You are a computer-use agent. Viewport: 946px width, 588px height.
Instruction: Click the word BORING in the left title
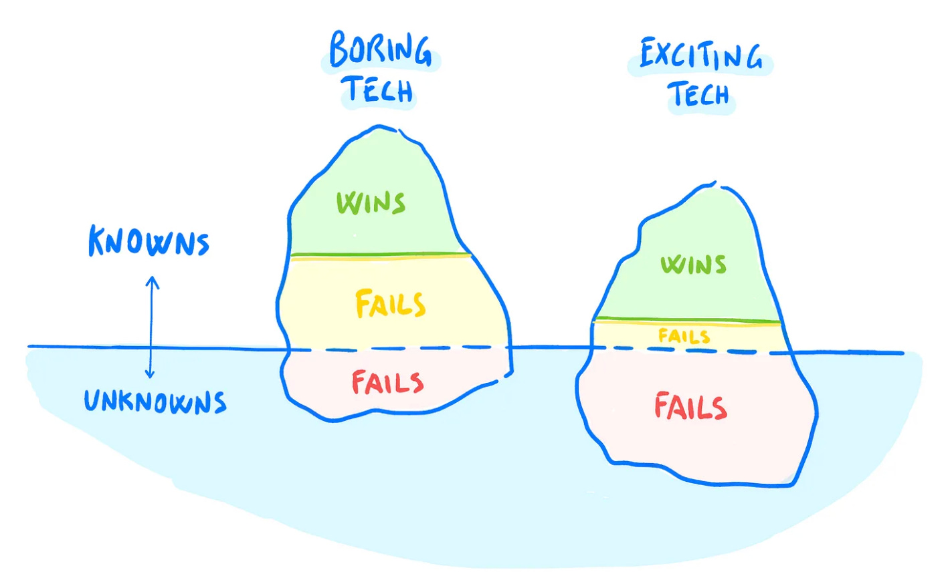pos(380,49)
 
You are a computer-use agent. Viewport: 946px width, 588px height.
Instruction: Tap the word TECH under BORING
pos(378,90)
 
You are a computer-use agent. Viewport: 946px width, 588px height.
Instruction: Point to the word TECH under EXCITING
pos(699,94)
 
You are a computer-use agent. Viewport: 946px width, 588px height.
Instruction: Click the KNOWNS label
pos(149,242)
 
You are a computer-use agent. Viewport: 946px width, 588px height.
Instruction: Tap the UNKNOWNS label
pos(155,401)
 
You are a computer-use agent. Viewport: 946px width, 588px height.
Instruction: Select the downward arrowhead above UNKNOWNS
pos(151,374)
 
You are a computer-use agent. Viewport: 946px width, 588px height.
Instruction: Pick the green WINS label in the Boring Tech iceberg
pos(371,202)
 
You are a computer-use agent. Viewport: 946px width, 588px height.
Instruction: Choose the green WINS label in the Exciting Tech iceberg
pos(693,265)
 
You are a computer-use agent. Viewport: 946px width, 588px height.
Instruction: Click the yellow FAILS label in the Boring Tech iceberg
pos(390,305)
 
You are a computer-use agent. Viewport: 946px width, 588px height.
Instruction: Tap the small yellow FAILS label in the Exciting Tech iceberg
pos(684,336)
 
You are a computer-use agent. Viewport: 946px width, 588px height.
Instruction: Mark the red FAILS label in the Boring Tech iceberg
pos(387,383)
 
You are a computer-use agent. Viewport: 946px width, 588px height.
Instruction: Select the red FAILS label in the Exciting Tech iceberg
pos(690,407)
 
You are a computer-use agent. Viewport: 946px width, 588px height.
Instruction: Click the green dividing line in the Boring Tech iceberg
pos(381,255)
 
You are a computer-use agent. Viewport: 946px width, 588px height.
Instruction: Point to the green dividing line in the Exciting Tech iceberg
pos(687,320)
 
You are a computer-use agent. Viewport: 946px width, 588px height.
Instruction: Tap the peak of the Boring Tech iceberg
pos(380,126)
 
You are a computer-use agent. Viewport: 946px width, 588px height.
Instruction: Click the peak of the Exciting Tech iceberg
pos(713,183)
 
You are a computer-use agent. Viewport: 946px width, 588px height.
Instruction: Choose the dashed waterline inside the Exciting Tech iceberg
pos(689,350)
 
